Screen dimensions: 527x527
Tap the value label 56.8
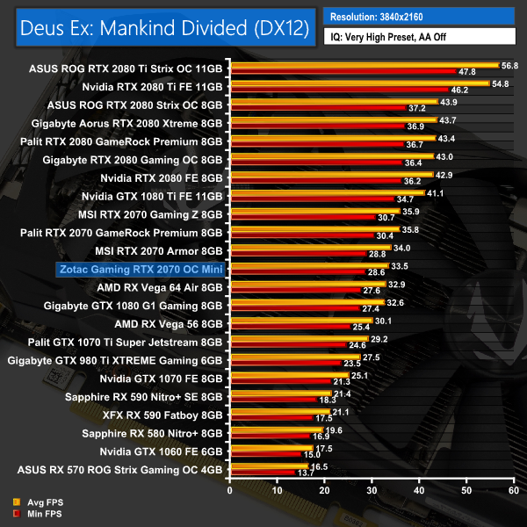[509, 65]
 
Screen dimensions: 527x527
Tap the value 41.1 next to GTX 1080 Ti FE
[436, 192]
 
